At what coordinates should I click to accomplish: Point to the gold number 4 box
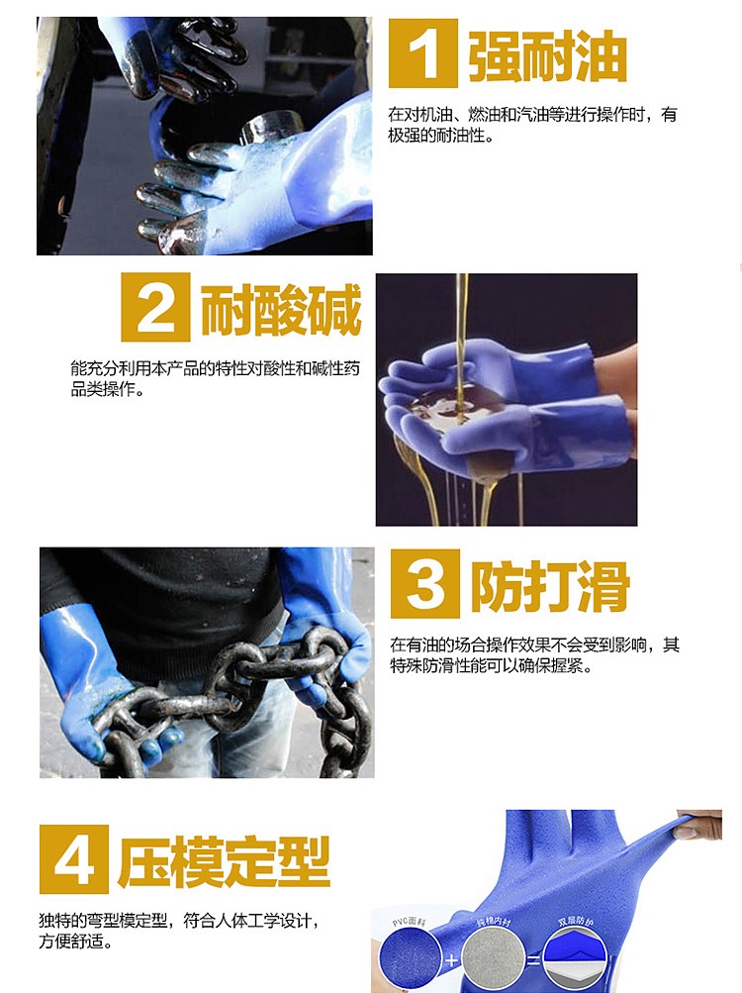[73, 858]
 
